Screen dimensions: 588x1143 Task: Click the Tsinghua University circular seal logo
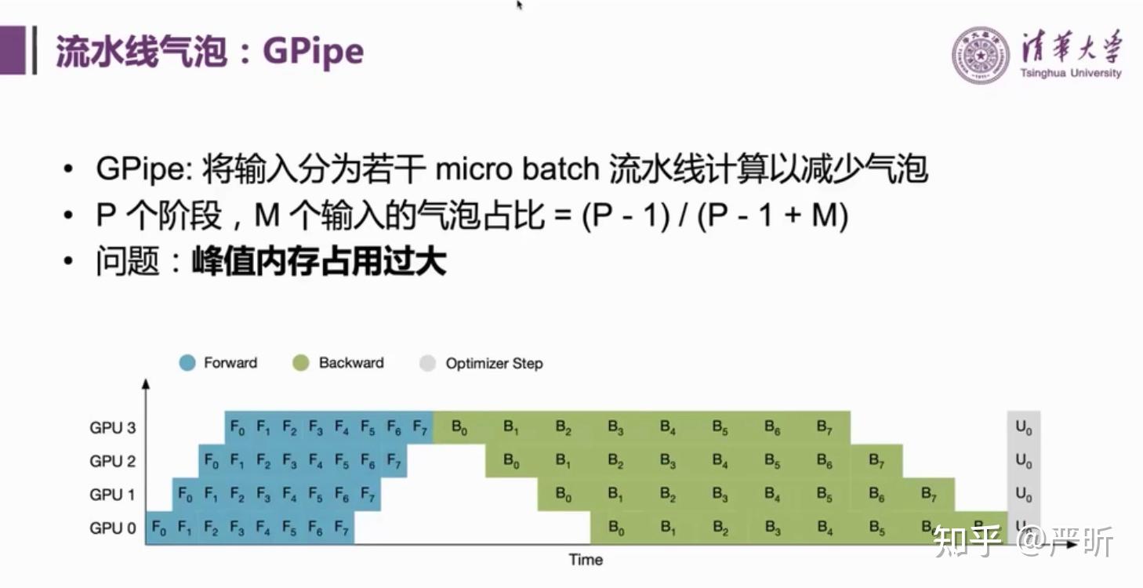[981, 55]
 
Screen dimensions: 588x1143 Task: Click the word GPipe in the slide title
[313, 52]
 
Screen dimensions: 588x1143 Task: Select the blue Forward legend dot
[187, 363]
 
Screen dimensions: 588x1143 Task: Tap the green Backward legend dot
[300, 363]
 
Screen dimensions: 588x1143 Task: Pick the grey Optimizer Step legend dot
[427, 363]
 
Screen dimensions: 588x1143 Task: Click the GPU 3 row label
[113, 428]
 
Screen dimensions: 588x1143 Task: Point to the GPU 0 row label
[113, 528]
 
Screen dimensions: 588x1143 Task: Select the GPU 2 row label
[113, 461]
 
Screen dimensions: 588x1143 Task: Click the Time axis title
[586, 560]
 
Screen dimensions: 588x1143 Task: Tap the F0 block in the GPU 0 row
[159, 528]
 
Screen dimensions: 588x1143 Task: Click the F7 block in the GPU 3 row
[420, 428]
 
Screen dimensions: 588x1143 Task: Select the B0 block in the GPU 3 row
[459, 428]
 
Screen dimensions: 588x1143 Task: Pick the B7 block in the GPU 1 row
[929, 495]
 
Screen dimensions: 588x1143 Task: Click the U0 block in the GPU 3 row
[1024, 428]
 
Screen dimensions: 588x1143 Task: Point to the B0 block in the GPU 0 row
[616, 528]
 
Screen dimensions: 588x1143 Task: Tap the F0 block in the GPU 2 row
[212, 462]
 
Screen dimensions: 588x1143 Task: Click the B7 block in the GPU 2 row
[876, 461]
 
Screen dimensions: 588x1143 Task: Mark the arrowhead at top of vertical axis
[146, 383]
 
